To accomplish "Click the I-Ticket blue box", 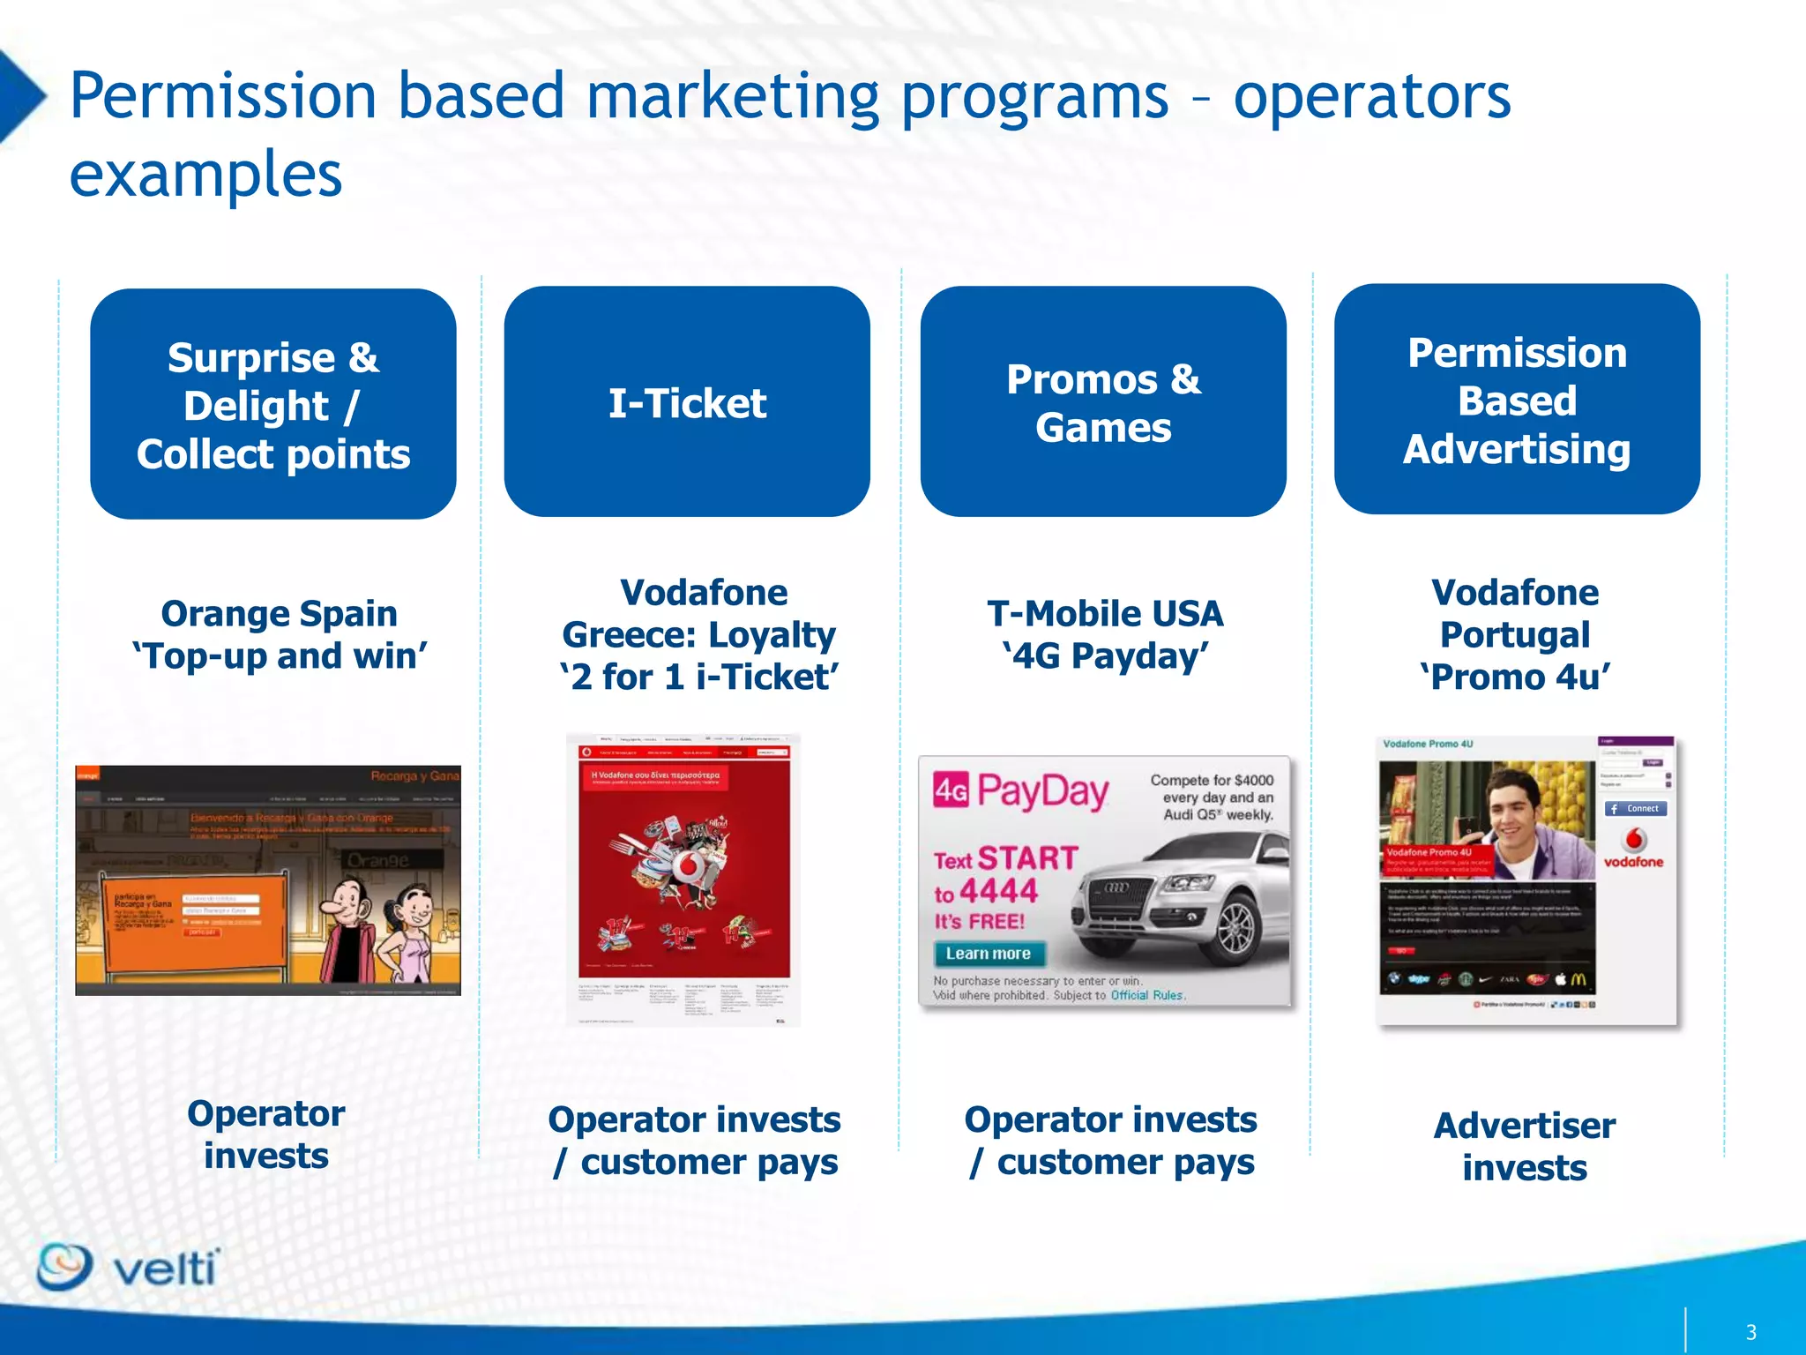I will click(x=687, y=402).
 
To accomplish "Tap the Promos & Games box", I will click(x=1102, y=402).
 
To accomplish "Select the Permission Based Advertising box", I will click(x=1516, y=400).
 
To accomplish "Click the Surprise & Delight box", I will click(x=272, y=404).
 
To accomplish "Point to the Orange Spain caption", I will click(x=279, y=634).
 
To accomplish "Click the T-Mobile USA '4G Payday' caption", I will click(x=1104, y=634).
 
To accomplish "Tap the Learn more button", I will click(x=989, y=954).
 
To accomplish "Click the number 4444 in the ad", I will click(x=998, y=891).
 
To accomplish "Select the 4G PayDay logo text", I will click(x=1021, y=791).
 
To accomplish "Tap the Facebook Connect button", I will click(x=1635, y=808).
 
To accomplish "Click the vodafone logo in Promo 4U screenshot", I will click(x=1634, y=850).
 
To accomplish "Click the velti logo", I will click(x=128, y=1268).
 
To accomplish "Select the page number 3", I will click(x=1750, y=1332).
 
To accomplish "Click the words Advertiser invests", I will click(x=1524, y=1146).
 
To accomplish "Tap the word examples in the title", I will click(x=205, y=174).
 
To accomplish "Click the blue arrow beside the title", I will click(x=19, y=96).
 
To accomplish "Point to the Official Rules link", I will click(x=1146, y=995).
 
